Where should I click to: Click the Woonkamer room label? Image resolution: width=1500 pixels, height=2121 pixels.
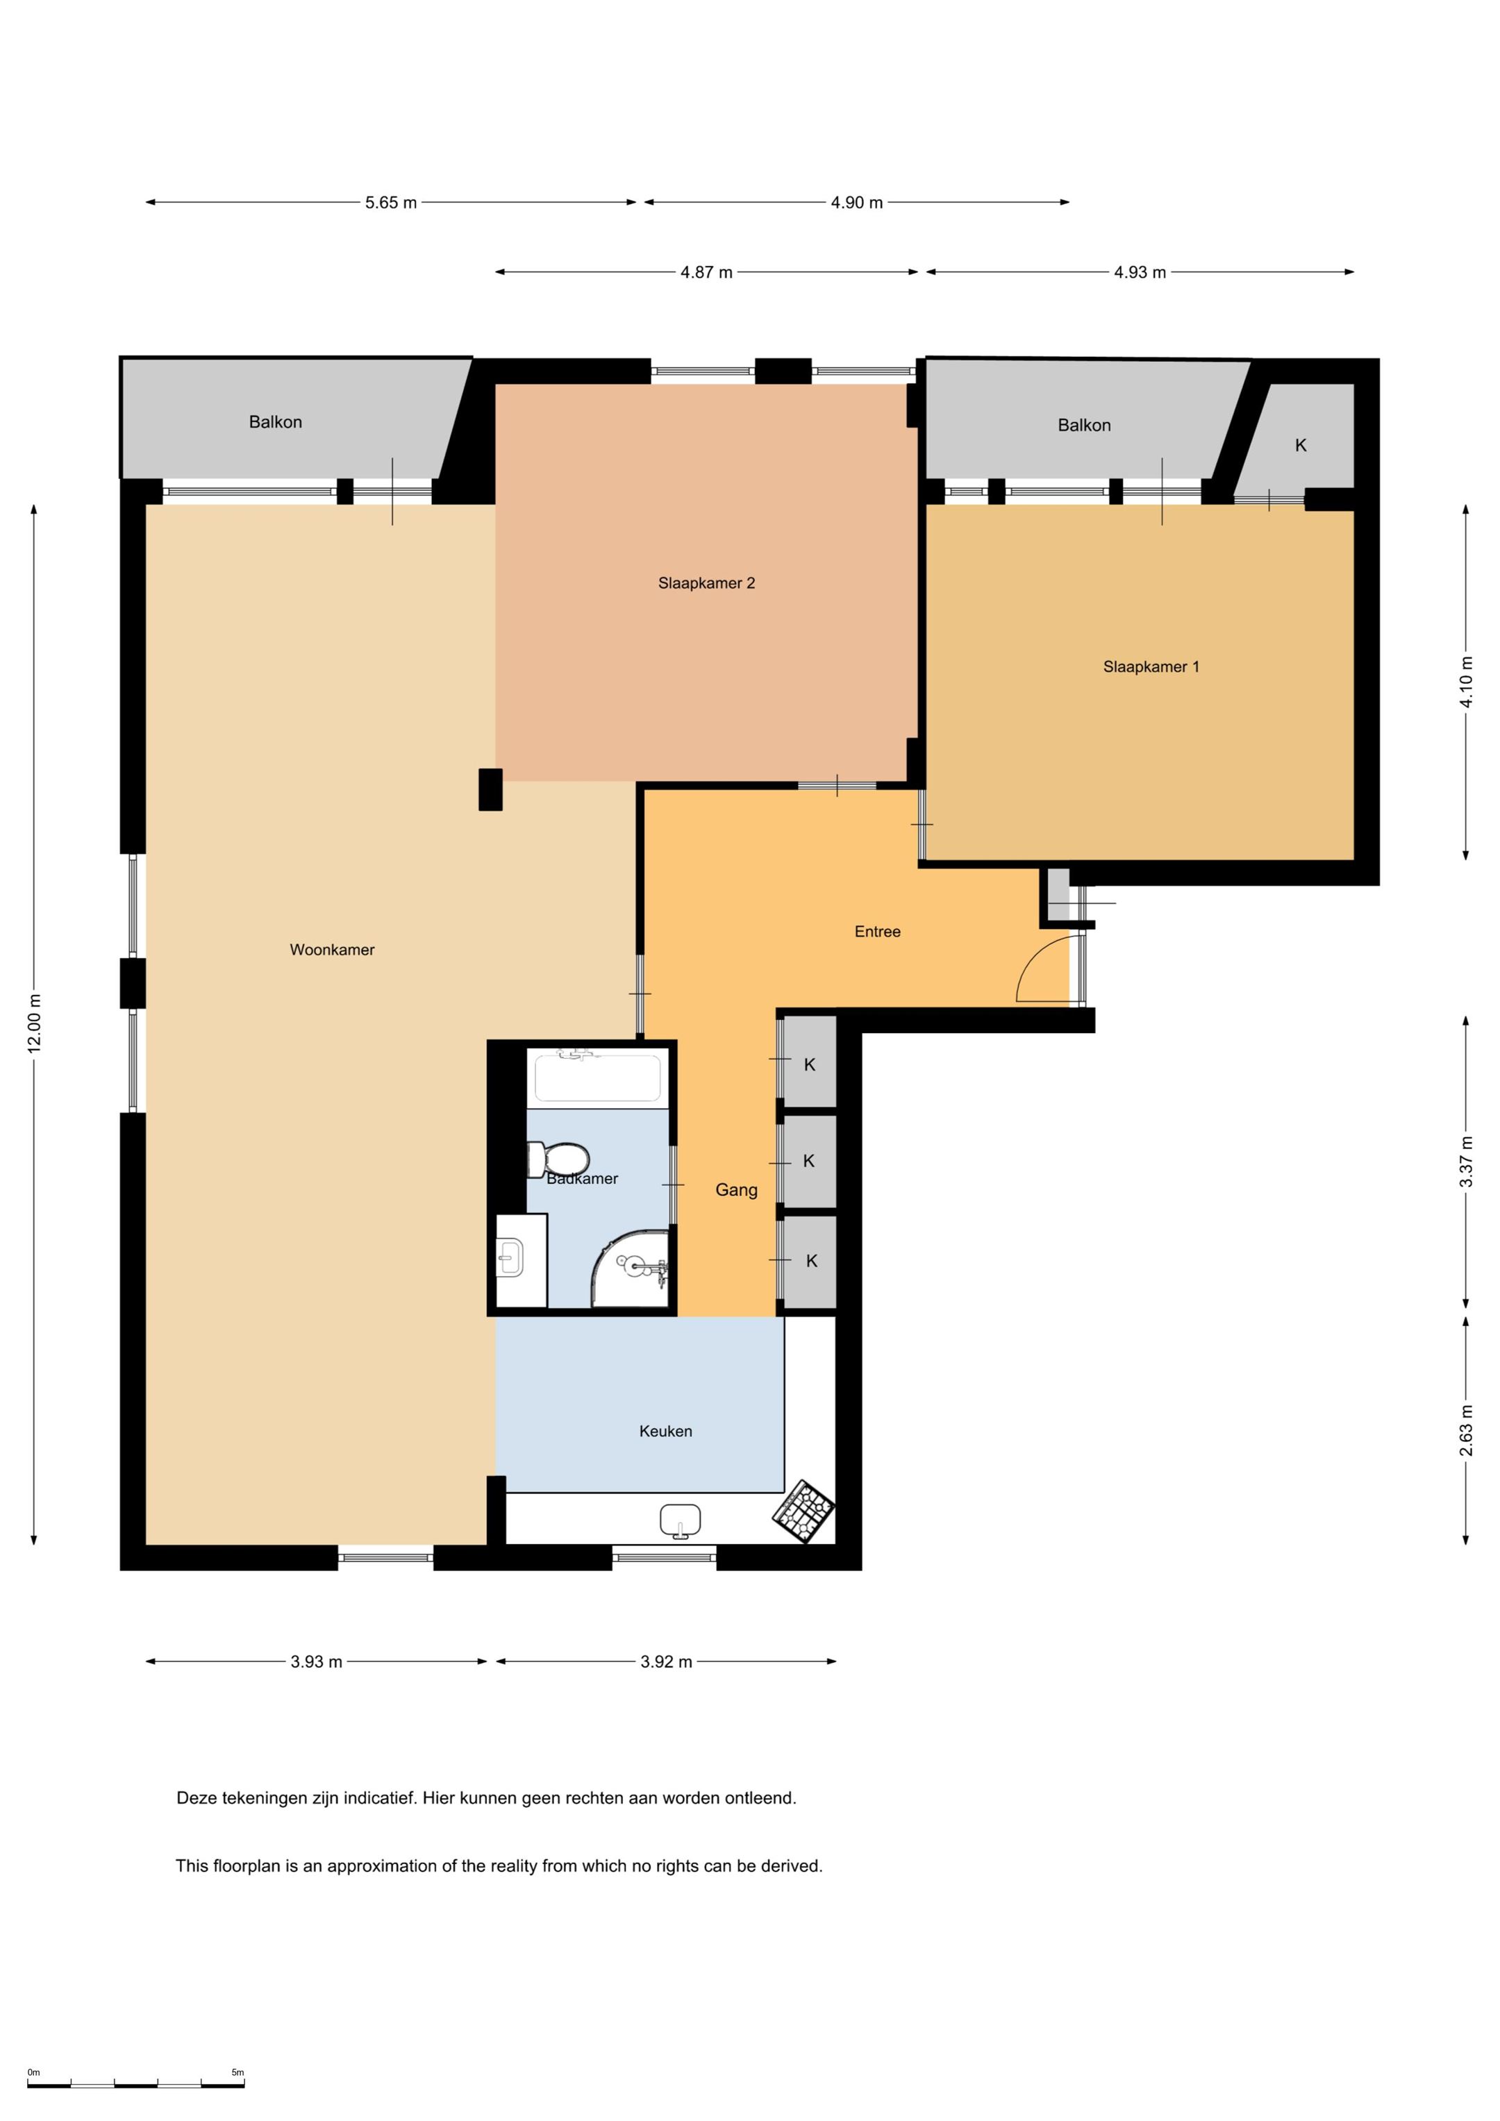coord(332,950)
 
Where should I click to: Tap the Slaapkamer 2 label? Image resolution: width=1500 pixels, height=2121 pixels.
coord(706,583)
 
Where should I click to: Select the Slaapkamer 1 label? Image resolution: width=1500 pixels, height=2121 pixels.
coord(1151,667)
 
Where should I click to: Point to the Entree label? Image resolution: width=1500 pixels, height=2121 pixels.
coord(877,931)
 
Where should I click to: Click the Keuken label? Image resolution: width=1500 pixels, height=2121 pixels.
coord(665,1431)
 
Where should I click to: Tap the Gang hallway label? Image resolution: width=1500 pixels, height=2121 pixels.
coord(737,1190)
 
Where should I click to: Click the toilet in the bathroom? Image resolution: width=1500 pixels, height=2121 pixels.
coord(558,1159)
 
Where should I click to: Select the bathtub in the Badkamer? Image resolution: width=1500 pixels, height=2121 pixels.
coord(597,1077)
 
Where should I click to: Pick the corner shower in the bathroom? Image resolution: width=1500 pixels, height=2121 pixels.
coord(631,1268)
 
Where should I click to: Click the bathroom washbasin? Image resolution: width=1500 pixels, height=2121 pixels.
coord(510,1258)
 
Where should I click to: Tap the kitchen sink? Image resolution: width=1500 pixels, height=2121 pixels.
coord(681,1520)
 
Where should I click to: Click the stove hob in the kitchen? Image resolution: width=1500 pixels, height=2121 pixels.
coord(803,1511)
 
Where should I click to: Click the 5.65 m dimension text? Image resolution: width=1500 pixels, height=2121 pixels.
coord(391,202)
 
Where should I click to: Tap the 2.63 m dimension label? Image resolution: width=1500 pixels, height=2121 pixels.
coord(1466,1430)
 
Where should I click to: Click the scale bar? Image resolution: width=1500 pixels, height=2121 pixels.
coord(136,2084)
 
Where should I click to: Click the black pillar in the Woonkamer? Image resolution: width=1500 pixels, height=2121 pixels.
coord(491,790)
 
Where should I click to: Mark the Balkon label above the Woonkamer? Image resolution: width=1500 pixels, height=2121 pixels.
coord(276,422)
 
